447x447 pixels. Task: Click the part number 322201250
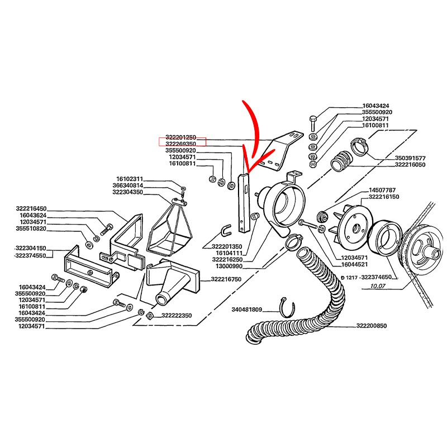[x=181, y=137]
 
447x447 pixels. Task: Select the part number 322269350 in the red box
[x=181, y=144]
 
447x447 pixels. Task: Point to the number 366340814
[x=128, y=186]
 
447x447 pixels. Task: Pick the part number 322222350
[x=177, y=316]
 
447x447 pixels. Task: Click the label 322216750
[x=226, y=279]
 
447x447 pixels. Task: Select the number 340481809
[x=247, y=309]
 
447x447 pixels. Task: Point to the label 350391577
[x=410, y=158]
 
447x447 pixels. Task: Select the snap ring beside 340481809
[x=286, y=307]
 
